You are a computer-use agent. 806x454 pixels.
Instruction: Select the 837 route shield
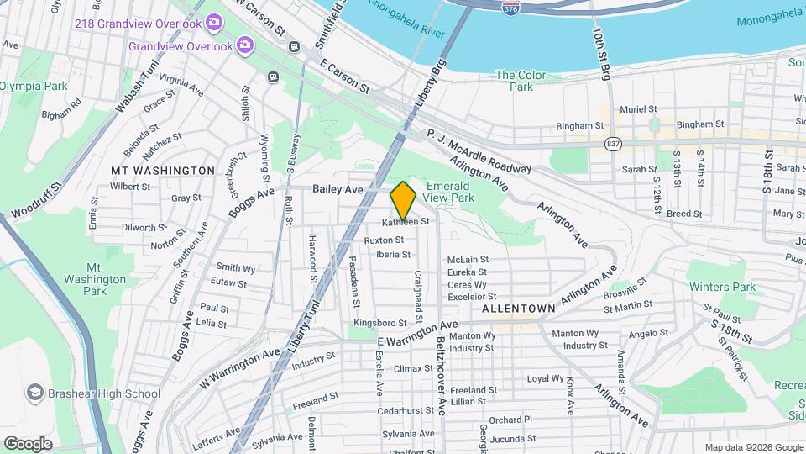[x=614, y=143]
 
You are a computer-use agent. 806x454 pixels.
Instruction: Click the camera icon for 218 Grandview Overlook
[x=215, y=20]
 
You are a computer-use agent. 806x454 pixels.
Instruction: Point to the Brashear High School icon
[x=34, y=393]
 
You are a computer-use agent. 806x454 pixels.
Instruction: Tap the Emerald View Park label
[x=450, y=191]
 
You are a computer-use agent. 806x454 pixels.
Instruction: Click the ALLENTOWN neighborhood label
[x=519, y=309]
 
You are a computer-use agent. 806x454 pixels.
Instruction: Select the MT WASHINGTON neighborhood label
[x=163, y=170]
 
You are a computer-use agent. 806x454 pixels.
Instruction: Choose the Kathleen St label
[x=406, y=223]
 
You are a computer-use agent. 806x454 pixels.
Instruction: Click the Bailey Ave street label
[x=338, y=190]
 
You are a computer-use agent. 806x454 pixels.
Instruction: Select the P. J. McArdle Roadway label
[x=479, y=150]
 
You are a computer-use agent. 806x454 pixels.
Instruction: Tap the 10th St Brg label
[x=601, y=52]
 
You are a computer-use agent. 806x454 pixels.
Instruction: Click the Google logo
[x=28, y=443]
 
